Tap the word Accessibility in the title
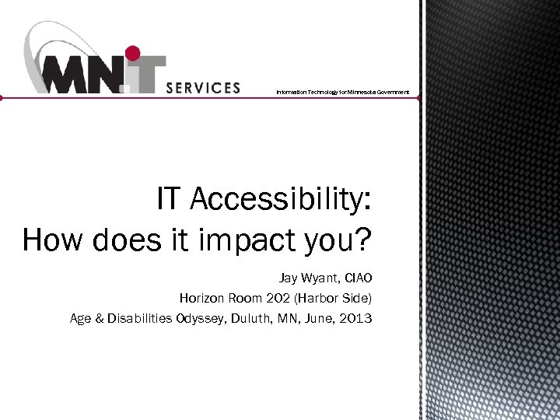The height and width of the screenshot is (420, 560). (x=279, y=201)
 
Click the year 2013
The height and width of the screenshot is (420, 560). (x=356, y=318)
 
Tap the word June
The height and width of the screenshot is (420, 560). (x=319, y=318)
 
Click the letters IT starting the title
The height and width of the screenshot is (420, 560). (x=170, y=201)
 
